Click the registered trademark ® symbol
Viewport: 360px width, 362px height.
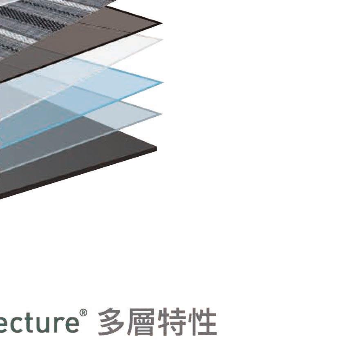[83, 313]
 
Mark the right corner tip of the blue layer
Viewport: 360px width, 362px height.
[163, 82]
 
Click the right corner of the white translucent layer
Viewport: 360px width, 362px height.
[162, 40]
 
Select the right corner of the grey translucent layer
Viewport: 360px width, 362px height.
[162, 114]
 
